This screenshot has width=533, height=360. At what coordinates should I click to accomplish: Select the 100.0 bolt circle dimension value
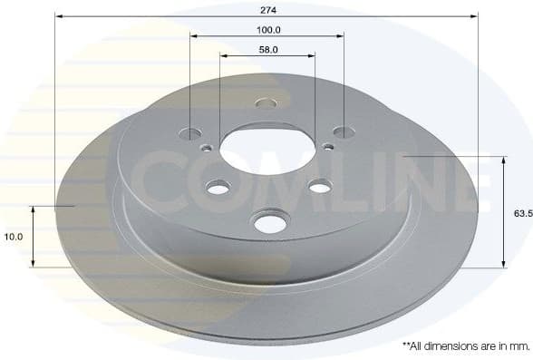click(267, 29)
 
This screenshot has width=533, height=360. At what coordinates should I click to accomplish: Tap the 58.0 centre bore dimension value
click(267, 50)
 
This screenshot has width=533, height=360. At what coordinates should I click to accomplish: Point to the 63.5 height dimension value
click(519, 213)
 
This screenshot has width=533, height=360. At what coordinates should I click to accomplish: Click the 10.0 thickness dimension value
click(13, 237)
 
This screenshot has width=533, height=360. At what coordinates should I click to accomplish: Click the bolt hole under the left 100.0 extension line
click(190, 133)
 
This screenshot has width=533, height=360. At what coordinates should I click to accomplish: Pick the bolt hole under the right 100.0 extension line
click(344, 133)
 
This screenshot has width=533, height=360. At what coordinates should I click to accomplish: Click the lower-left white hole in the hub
click(218, 188)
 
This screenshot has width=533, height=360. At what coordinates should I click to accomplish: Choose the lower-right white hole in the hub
click(319, 187)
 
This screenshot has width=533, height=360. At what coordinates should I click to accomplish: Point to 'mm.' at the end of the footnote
click(519, 345)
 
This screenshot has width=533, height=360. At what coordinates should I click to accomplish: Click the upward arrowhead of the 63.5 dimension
click(503, 160)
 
